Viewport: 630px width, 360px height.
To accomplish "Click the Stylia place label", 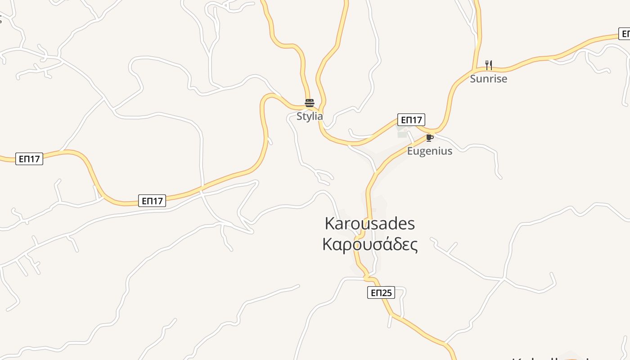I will tap(310, 116).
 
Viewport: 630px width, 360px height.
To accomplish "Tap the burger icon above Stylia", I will tap(309, 103).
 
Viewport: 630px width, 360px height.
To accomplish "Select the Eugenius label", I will tap(430, 151).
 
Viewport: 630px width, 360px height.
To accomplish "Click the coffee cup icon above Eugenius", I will tap(429, 137).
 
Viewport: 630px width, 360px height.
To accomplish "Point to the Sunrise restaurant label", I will tap(488, 79).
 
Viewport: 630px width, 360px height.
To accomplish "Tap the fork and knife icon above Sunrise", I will tap(488, 65).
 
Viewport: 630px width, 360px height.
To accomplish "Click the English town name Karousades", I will tap(370, 224).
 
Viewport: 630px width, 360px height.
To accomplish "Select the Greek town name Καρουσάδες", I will tap(370, 244).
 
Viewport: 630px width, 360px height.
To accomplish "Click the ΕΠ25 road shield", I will tap(381, 293).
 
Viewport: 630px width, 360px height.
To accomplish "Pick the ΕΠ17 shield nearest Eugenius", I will tap(411, 120).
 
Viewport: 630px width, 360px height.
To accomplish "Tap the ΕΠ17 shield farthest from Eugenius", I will tap(29, 159).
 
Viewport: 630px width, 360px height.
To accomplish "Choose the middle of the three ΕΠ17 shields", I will tap(152, 201).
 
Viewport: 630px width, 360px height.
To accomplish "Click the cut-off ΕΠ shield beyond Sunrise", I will tap(625, 34).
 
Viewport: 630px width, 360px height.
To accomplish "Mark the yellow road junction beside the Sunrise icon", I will tap(474, 70).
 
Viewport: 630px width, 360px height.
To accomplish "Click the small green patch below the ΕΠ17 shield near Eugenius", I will tap(402, 134).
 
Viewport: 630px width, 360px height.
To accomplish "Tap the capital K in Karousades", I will tap(330, 224).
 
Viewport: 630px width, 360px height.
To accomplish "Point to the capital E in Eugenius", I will tap(410, 151).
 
